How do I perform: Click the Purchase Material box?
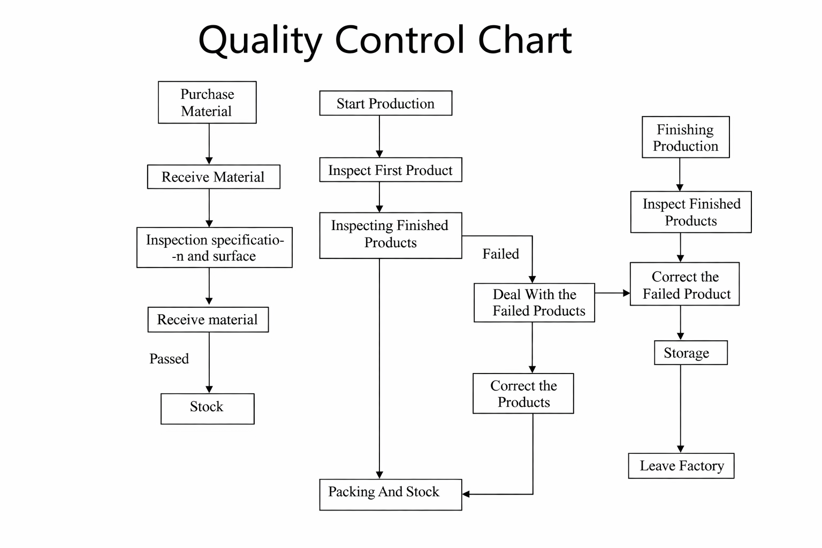207,102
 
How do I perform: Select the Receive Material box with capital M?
214,177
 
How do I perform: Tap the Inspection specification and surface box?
214,247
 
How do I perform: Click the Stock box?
207,409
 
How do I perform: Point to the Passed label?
169,359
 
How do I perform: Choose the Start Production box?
385,103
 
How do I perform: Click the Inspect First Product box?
390,170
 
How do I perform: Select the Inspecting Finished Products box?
390,235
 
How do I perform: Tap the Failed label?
500,254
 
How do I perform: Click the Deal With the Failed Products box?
534,302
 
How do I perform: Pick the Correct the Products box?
523,393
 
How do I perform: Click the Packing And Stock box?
390,494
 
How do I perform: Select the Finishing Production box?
686,137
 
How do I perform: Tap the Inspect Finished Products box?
690,212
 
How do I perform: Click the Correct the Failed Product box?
684,284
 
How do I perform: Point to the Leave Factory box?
681,466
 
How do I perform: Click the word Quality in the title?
260,41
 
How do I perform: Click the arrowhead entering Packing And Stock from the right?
466,494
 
